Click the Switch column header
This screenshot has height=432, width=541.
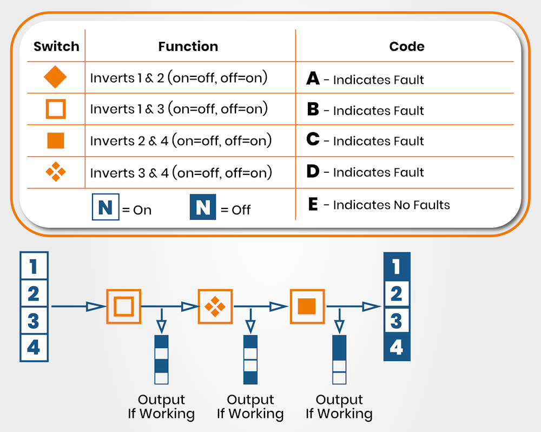tap(56, 47)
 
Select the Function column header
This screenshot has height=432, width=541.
tap(188, 47)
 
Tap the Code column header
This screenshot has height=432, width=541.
tap(407, 47)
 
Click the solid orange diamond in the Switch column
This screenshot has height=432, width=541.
tap(55, 77)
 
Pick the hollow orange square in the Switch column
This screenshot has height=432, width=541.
tap(55, 109)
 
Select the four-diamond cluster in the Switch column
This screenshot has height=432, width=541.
tap(55, 172)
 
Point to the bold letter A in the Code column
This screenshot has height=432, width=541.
tap(313, 79)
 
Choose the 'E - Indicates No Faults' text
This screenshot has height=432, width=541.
tap(379, 205)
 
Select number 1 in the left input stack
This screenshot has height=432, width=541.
tap(34, 266)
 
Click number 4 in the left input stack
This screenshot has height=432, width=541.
tap(34, 347)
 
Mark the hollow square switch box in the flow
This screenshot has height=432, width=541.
tap(124, 307)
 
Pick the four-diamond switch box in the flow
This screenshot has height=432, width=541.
tap(215, 307)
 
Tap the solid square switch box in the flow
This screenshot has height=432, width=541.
tap(307, 307)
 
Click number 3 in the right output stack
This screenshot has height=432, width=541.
tap(397, 320)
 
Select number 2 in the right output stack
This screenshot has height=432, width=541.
tap(397, 294)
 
